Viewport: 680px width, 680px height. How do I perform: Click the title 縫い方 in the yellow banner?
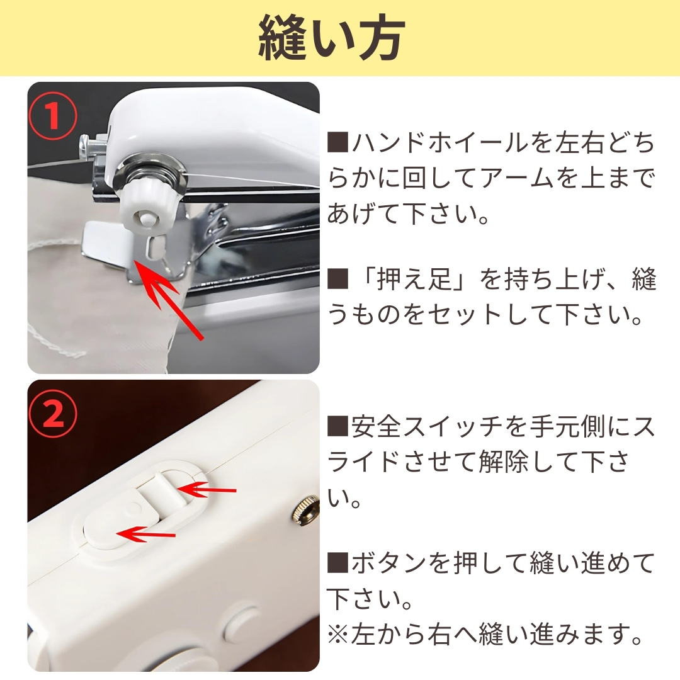(x=332, y=38)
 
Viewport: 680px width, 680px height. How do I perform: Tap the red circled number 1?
(x=53, y=116)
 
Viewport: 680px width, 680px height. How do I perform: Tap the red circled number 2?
(x=53, y=414)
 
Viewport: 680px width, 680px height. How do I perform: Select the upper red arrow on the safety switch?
(x=206, y=490)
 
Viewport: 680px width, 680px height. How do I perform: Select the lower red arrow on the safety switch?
(x=147, y=534)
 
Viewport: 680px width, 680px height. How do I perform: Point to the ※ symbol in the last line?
(x=338, y=634)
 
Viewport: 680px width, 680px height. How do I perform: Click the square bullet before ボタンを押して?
(x=338, y=562)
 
